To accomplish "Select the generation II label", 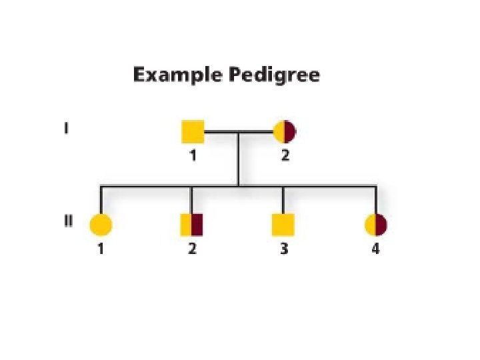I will [x=68, y=221].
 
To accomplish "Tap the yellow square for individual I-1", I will [x=193, y=132].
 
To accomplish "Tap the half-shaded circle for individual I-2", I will [x=284, y=132].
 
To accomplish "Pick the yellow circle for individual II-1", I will [x=101, y=225].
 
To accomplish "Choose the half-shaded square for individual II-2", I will [x=191, y=225].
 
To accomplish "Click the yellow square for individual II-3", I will [x=283, y=225].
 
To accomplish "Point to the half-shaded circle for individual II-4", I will [x=376, y=225].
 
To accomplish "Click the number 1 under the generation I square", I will [x=193, y=157].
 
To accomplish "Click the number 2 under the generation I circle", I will [x=285, y=157].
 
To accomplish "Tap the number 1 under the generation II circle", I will [x=101, y=251].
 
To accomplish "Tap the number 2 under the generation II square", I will [x=192, y=251].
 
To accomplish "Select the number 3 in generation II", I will [x=284, y=251].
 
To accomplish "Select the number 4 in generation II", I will [x=376, y=251].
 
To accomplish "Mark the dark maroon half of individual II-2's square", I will [x=197, y=225].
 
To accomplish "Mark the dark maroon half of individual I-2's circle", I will [x=289, y=132].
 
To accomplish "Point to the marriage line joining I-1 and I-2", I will [x=238, y=132].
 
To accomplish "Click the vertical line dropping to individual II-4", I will [x=376, y=199].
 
